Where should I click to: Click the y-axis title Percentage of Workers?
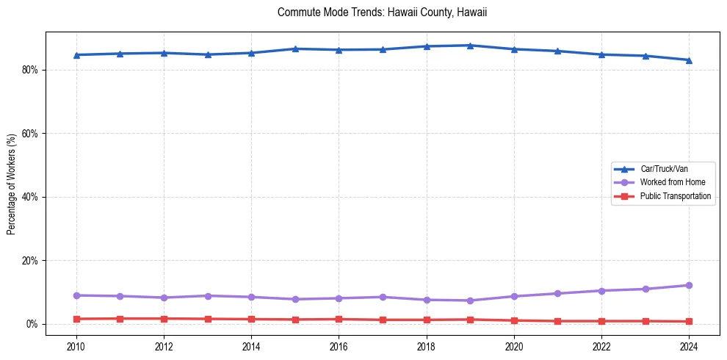[11, 184]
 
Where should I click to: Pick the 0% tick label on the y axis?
[32, 324]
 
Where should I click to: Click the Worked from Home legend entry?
[669, 182]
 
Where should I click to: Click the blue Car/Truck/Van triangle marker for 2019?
[470, 46]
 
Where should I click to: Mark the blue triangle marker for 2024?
[689, 60]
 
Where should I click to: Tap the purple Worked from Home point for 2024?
[689, 285]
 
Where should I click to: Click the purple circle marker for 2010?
[76, 295]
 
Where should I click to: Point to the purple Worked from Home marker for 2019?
[470, 300]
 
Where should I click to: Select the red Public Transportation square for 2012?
[164, 319]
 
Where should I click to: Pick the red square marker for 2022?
[601, 321]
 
